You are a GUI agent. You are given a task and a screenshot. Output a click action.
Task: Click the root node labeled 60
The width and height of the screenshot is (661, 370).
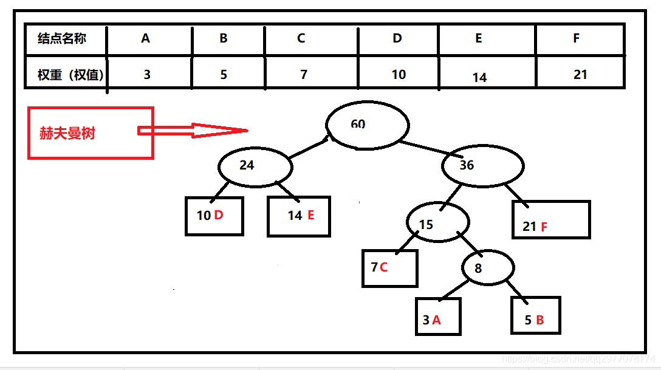366,125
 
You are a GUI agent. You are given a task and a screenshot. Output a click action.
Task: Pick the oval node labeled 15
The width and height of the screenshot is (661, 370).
437,223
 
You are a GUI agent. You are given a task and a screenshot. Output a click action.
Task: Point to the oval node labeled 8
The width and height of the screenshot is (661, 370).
488,268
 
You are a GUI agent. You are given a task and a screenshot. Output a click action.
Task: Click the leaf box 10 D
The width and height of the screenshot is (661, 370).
214,216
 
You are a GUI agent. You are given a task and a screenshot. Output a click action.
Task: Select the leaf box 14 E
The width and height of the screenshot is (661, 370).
299,216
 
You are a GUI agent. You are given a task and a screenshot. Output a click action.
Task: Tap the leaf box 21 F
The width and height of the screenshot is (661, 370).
551,219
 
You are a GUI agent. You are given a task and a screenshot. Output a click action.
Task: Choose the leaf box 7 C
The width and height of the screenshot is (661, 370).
389,268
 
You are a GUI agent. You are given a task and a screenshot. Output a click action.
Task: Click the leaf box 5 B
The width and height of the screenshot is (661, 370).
535,315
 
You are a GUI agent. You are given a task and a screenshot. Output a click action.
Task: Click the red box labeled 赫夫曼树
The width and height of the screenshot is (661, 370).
91,133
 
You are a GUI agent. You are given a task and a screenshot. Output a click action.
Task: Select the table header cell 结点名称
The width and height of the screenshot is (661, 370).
63,38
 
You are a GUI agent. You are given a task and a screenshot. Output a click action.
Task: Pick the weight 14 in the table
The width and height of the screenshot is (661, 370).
480,77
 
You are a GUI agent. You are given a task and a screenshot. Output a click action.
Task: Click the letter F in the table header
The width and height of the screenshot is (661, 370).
576,38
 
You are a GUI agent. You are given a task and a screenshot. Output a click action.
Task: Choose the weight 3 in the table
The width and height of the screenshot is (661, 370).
147,75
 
